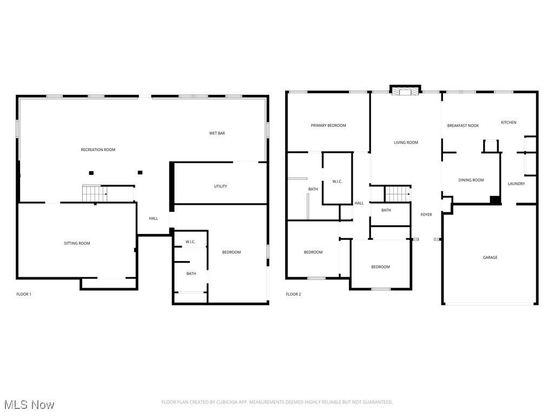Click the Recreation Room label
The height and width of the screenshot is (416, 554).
click(x=98, y=149)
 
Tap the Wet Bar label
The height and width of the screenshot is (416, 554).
click(x=217, y=133)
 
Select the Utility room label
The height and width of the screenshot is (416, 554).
click(x=221, y=186)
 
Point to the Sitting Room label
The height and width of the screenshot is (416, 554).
click(x=77, y=243)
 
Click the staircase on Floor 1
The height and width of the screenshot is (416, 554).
click(x=95, y=193)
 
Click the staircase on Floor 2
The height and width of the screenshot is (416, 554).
click(x=398, y=194)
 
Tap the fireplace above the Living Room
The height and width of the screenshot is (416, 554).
click(x=405, y=90)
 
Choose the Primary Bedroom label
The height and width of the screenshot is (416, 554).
click(x=328, y=126)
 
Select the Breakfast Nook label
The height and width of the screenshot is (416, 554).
click(x=463, y=126)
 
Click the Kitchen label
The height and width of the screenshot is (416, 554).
click(x=509, y=122)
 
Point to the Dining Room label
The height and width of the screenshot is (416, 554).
click(x=471, y=180)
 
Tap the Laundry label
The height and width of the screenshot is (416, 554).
click(x=516, y=184)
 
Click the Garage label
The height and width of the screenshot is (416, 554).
click(x=490, y=257)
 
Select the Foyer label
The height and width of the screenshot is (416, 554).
click(x=426, y=214)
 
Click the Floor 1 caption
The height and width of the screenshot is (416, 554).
click(x=24, y=294)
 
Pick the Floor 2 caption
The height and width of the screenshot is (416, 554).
click(x=293, y=294)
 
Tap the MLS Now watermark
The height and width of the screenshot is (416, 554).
click(x=29, y=405)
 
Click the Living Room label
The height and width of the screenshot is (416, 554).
click(x=406, y=142)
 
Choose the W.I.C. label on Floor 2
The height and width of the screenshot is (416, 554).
click(x=337, y=181)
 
